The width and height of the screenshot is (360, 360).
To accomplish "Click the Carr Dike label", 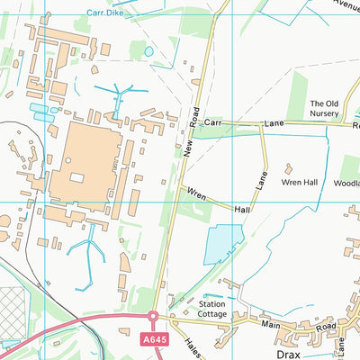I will [105, 13].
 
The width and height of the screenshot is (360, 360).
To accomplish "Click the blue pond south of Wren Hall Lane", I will [223, 242].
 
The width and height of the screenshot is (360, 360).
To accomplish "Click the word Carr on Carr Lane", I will [213, 121].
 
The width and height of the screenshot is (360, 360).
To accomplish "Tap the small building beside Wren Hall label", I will [289, 168].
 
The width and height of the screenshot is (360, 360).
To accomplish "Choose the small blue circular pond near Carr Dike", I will [148, 52].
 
